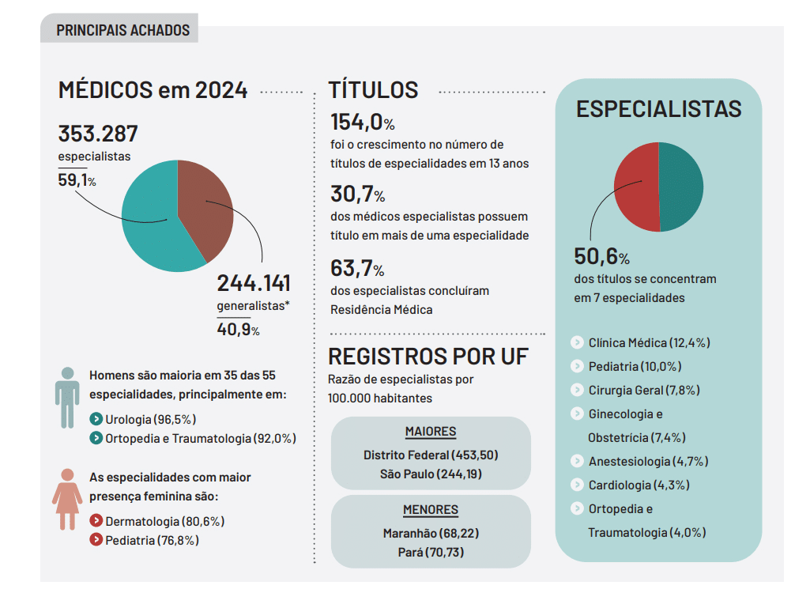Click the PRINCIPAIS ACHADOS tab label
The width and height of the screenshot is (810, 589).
point(122,30)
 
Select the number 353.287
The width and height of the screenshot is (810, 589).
point(98,134)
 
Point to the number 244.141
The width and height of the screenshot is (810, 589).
point(254,283)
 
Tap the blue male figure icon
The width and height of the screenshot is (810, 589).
point(67,397)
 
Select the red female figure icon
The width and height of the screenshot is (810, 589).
point(67,498)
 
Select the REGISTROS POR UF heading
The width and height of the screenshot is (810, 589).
point(428,356)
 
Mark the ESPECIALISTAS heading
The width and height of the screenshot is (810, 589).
point(658,109)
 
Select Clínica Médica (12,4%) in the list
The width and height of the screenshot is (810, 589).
point(649,342)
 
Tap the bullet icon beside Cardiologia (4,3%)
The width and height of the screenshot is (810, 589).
point(577,485)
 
